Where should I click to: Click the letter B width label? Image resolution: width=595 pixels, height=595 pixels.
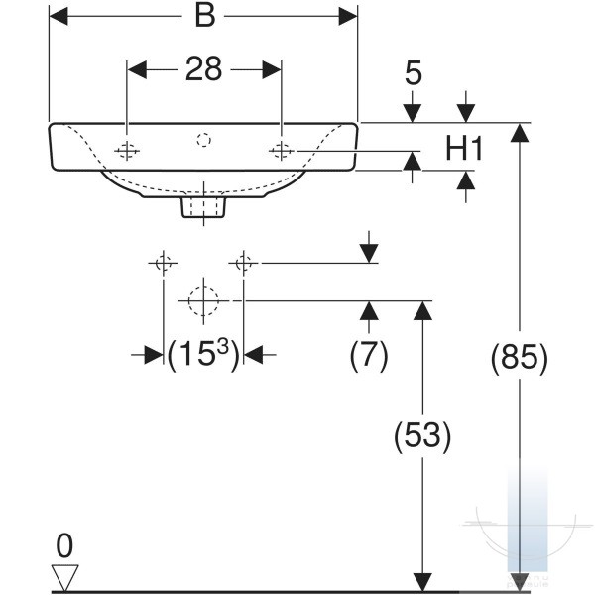pos(205,16)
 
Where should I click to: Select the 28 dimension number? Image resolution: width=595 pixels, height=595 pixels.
pos(203,69)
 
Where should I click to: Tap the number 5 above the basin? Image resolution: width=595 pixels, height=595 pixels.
pos(414,72)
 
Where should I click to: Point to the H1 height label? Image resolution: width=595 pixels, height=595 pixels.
pos(464,149)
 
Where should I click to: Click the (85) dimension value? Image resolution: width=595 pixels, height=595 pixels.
pos(520,358)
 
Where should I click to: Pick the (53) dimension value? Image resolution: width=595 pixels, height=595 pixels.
pos(422,435)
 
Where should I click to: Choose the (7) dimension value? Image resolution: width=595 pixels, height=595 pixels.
pos(369,355)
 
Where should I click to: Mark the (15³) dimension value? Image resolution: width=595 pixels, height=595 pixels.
pos(203,355)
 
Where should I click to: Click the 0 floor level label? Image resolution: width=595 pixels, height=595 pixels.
pos(64,545)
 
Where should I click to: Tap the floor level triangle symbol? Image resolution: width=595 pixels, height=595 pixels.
pos(64,577)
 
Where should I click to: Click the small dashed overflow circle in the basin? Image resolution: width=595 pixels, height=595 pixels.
pos(203,140)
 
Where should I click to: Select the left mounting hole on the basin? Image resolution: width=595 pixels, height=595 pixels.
pos(127,151)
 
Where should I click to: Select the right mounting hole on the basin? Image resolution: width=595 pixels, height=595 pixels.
pos(282,151)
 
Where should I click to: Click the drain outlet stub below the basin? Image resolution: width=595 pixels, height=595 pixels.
pos(203,207)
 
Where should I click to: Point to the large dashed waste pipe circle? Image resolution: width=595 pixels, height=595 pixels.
pos(203,300)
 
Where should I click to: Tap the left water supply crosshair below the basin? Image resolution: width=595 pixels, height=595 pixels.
pos(164,263)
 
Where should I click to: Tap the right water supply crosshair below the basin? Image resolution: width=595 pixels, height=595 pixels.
pos(243,263)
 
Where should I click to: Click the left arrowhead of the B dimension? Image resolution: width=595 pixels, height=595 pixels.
pos(59,16)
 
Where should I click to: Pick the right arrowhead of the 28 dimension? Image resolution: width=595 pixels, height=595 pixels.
pos(272,69)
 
